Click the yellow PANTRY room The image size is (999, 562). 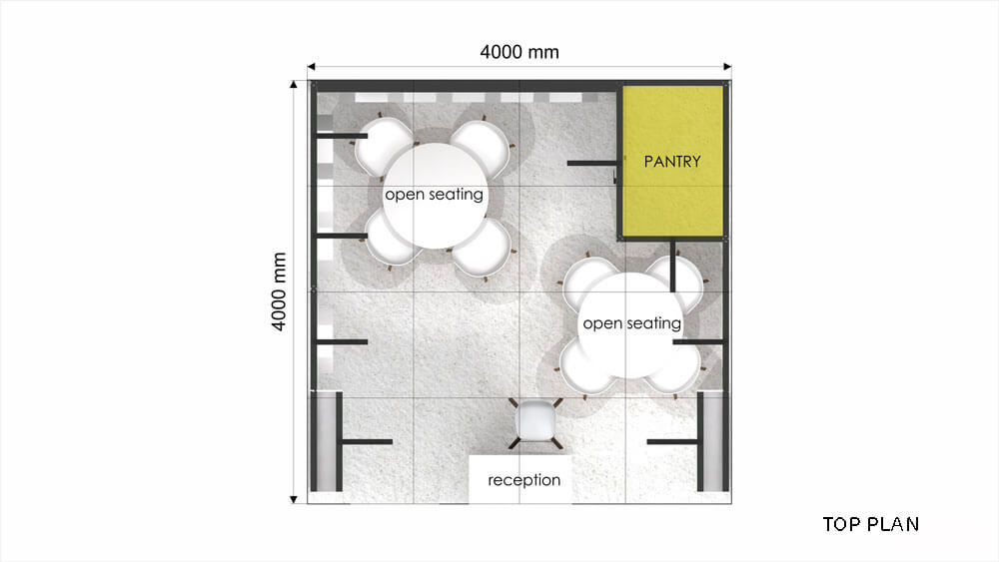tap(672, 161)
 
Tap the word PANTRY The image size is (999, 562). tap(672, 162)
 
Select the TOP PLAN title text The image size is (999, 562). tap(871, 524)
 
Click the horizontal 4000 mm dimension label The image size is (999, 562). tap(519, 52)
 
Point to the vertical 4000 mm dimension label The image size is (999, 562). tap(279, 291)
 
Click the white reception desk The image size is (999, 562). tap(519, 479)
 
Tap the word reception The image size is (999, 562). tap(524, 480)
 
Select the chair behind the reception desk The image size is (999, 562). tap(535, 420)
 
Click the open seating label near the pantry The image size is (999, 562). tap(632, 323)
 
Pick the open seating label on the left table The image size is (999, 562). tap(434, 194)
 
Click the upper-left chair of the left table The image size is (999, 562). tap(383, 147)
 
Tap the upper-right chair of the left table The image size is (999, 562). tap(483, 148)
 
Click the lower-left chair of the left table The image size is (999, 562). tap(390, 240)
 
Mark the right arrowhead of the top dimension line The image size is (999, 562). tap(727, 67)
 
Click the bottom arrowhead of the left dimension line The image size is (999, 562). tap(294, 500)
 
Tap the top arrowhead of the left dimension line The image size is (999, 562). tap(294, 84)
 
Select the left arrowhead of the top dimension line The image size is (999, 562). tap(312, 67)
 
